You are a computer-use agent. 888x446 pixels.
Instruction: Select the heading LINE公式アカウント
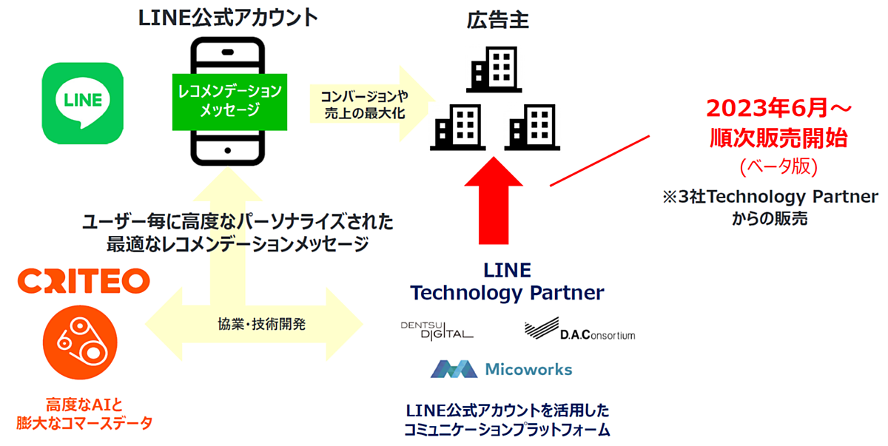click(x=228, y=18)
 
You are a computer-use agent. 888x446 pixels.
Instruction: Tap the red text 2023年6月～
click(x=779, y=109)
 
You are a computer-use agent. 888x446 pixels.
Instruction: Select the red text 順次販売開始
click(x=779, y=138)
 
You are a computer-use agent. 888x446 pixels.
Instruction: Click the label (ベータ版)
click(x=779, y=167)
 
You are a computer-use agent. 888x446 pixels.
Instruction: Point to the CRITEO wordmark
click(x=84, y=281)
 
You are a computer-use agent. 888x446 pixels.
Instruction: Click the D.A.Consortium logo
click(x=579, y=331)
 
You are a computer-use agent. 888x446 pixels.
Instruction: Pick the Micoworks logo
click(x=501, y=368)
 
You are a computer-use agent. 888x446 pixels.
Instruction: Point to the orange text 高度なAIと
click(x=84, y=404)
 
